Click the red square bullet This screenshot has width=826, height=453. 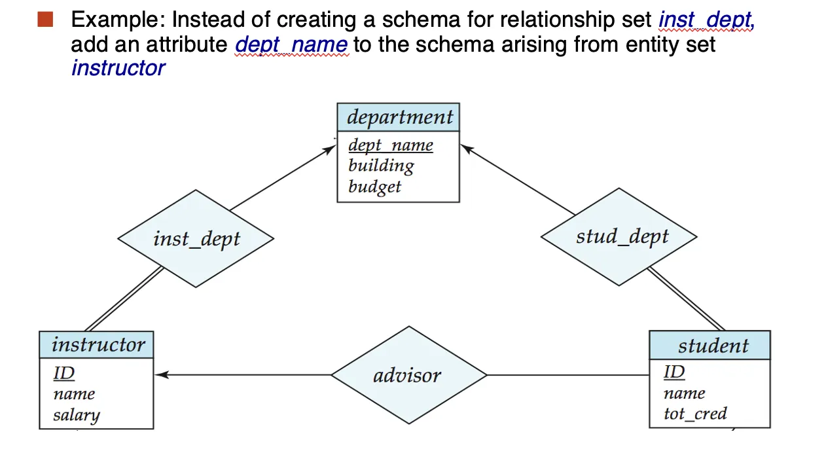(45, 20)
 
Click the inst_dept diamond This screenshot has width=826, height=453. (196, 239)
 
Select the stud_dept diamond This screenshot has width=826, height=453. (619, 237)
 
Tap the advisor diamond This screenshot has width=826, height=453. (409, 375)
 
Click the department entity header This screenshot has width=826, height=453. (398, 117)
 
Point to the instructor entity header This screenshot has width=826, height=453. (96, 345)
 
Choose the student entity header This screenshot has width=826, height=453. (710, 345)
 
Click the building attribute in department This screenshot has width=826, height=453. (382, 166)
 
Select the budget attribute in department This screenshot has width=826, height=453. (374, 187)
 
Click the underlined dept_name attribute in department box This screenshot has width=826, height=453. (391, 145)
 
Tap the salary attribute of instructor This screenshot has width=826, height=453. (77, 415)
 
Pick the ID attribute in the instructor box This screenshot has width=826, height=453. (64, 373)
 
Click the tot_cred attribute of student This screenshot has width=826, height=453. (696, 414)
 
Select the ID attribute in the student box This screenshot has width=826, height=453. (674, 372)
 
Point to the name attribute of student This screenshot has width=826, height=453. (685, 393)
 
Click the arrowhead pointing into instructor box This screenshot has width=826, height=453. (161, 375)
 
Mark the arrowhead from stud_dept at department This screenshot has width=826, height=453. (467, 149)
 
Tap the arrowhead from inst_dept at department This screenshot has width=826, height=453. (329, 149)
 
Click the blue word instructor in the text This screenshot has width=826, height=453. (118, 68)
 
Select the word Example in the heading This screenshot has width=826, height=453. (118, 20)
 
